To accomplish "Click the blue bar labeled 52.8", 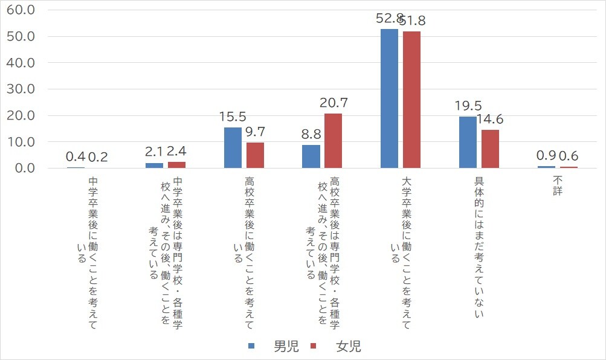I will (389, 98).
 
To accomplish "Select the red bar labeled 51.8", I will (411, 100).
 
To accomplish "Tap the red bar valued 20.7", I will (334, 141).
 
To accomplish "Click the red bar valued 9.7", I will (255, 155).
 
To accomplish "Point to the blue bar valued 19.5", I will (468, 142).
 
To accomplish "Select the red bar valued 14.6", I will (490, 149).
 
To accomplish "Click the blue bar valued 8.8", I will (311, 156).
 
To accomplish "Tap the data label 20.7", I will (334, 103).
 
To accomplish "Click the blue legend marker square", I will (253, 347).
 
